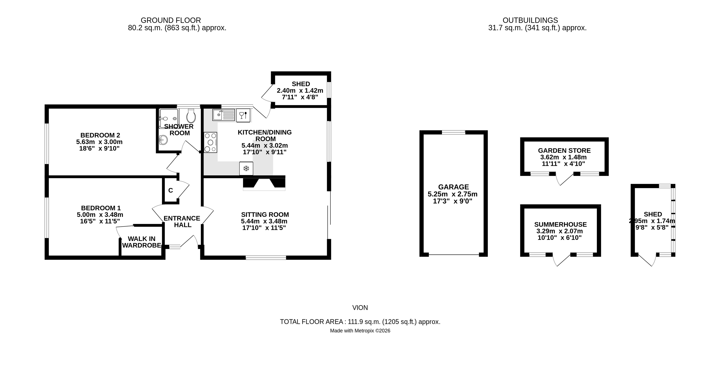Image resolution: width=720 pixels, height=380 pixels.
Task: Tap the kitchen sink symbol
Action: click(x=223, y=115)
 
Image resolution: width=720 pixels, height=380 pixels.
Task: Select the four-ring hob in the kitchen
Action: click(x=211, y=143)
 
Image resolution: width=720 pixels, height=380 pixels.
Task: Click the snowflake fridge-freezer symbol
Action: click(x=246, y=169)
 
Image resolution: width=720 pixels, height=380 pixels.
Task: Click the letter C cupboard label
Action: click(x=171, y=191)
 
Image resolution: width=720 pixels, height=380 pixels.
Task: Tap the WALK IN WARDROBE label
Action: click(x=142, y=242)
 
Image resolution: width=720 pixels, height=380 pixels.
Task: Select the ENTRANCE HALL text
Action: click(x=182, y=221)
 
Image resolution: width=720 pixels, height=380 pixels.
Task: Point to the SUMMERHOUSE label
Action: click(x=560, y=224)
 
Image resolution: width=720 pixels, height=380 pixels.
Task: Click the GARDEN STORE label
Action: click(x=564, y=151)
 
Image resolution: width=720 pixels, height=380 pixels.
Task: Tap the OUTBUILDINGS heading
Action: click(x=530, y=20)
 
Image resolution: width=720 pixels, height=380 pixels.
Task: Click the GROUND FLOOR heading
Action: click(x=171, y=20)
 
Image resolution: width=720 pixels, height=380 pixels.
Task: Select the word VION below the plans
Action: click(x=360, y=308)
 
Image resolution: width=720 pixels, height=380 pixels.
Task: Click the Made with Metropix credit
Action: click(x=360, y=331)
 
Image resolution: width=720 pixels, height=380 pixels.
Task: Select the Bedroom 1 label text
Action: click(x=101, y=208)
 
